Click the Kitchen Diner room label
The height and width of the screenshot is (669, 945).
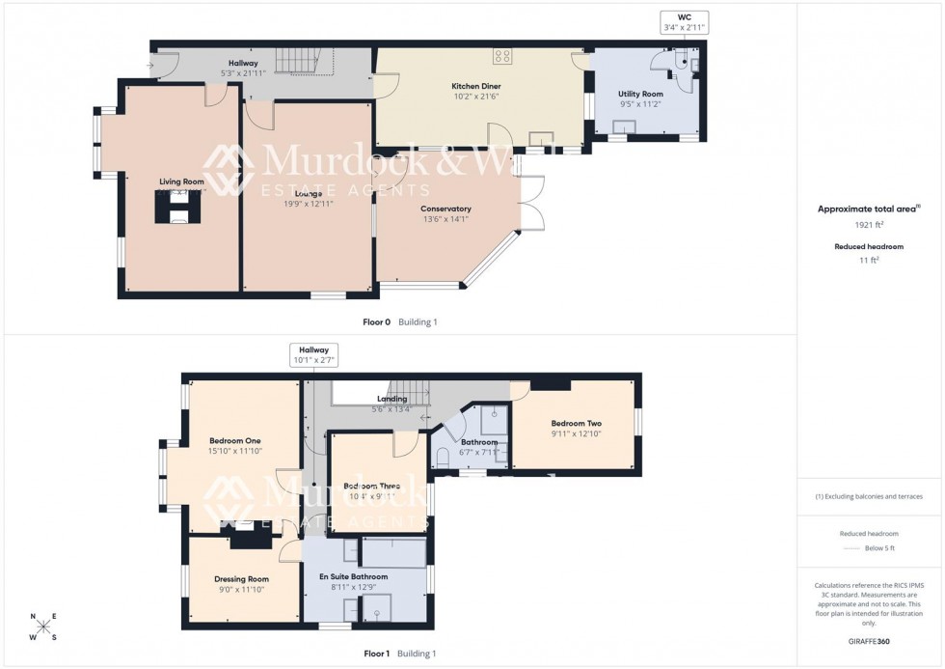point(476,86)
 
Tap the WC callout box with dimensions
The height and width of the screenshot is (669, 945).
point(685,23)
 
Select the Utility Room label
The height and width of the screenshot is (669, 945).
point(641,94)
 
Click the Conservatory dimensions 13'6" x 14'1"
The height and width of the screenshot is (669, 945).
point(445,219)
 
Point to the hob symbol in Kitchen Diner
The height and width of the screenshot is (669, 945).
point(502,56)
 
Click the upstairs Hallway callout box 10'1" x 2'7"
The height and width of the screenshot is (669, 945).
point(313,355)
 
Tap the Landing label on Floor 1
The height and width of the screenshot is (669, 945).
point(392,398)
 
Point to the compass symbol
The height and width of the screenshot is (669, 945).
point(43,627)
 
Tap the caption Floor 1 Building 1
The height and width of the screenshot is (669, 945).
point(397,654)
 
